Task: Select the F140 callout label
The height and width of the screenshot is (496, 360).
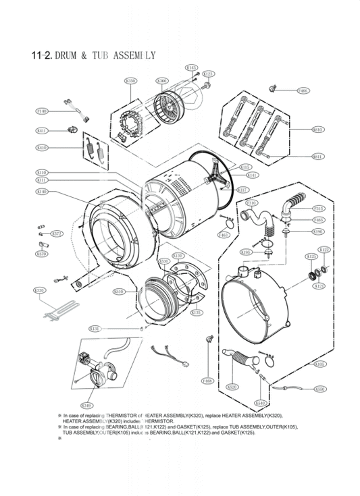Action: click(41, 111)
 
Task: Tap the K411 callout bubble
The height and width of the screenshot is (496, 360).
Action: click(41, 130)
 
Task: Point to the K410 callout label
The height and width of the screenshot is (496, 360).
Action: click(41, 147)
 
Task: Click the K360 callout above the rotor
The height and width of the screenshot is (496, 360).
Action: click(162, 81)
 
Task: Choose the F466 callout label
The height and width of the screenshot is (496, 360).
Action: click(303, 90)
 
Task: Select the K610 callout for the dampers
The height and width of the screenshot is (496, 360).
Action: click(317, 129)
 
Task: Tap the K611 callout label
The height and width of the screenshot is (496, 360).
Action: click(317, 156)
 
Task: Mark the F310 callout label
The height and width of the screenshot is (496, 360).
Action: click(251, 202)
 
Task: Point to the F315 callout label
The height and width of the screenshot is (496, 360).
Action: click(318, 209)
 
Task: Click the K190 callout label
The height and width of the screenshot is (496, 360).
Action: click(318, 231)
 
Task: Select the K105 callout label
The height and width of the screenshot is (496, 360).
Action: click(319, 364)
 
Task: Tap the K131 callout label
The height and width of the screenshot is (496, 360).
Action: click(95, 329)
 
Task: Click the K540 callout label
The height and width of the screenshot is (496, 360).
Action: click(260, 403)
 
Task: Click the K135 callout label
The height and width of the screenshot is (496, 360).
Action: click(196, 312)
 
